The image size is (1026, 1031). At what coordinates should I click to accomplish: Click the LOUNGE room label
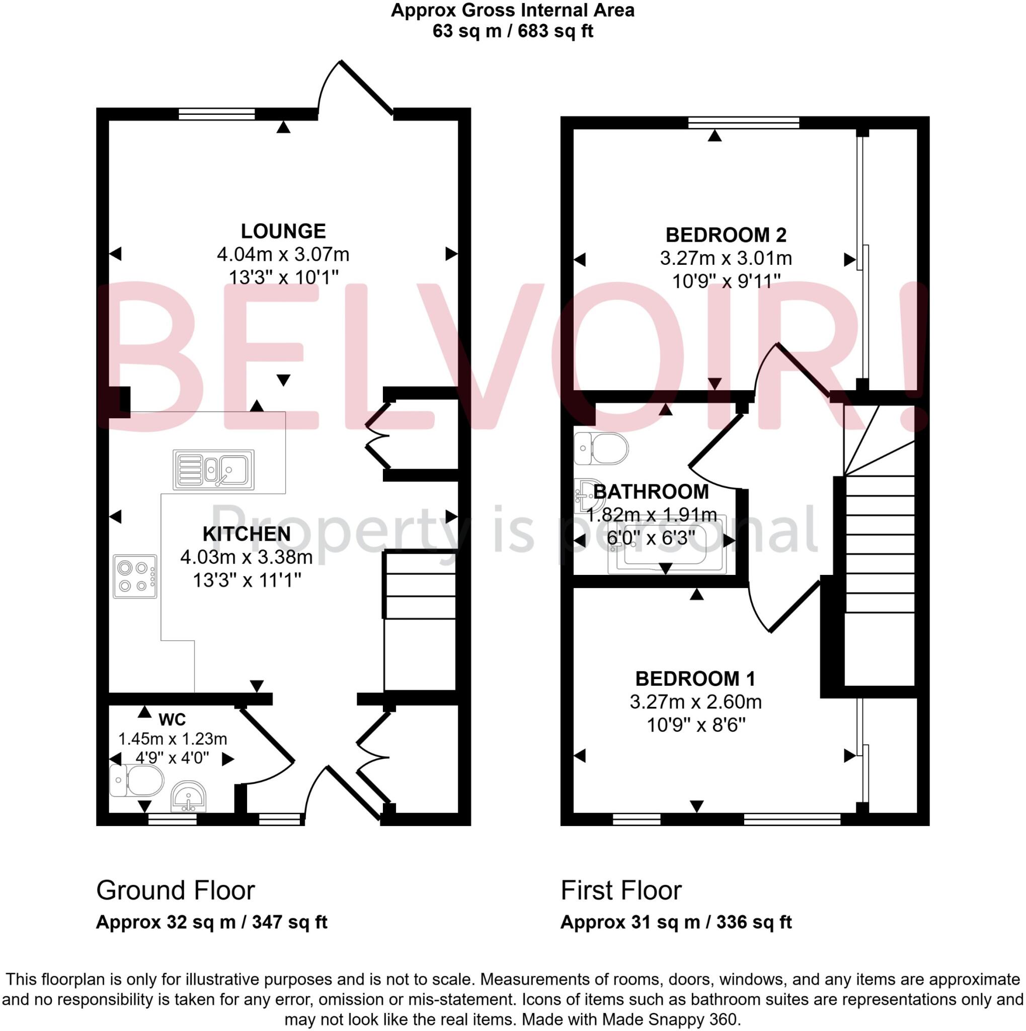[x=283, y=231]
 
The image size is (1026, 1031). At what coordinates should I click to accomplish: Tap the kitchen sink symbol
[x=213, y=470]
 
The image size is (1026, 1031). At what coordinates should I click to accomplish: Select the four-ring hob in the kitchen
[x=135, y=576]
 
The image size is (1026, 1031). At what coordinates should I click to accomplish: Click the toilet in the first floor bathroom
[x=601, y=448]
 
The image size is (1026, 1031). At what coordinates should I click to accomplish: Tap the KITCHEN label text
[x=247, y=534]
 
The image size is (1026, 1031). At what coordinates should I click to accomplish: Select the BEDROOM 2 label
[x=726, y=235]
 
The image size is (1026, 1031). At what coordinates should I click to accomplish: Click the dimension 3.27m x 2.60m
[x=695, y=702]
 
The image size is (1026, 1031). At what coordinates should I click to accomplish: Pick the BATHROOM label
[x=651, y=491]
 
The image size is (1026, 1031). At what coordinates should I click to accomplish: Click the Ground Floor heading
[x=176, y=890]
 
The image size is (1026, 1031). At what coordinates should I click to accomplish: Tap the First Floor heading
[x=621, y=890]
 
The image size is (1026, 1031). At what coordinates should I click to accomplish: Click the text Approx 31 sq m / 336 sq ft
[x=676, y=922]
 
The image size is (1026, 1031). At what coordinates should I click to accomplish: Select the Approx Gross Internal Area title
[x=512, y=11]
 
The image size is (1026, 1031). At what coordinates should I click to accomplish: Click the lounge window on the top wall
[x=216, y=114]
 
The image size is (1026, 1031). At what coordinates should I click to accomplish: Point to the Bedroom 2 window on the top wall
[x=744, y=123]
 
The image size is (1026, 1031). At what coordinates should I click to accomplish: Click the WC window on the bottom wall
[x=172, y=819]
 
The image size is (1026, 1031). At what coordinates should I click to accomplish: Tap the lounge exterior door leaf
[x=367, y=88]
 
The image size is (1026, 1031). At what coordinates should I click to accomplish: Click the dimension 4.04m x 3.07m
[x=283, y=254]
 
